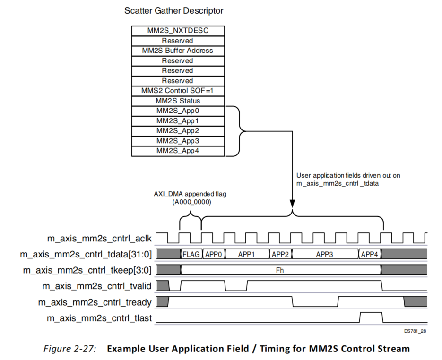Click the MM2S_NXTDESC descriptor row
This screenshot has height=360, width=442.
[178, 31]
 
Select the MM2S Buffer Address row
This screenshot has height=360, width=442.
[178, 51]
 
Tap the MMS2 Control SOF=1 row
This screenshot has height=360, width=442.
[178, 91]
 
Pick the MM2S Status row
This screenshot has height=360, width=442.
[178, 101]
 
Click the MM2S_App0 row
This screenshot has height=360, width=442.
[178, 111]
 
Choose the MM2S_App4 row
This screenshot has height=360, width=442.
[178, 151]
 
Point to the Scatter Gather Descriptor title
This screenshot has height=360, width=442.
[173, 10]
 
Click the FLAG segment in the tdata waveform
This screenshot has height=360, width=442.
[191, 254]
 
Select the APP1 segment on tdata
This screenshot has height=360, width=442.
[246, 254]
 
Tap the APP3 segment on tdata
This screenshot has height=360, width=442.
[324, 254]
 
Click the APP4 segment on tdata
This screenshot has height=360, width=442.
[369, 254]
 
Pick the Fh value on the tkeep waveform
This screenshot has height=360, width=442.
[281, 270]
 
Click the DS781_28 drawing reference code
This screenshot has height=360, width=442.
[415, 331]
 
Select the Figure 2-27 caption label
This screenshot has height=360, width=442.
[70, 349]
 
